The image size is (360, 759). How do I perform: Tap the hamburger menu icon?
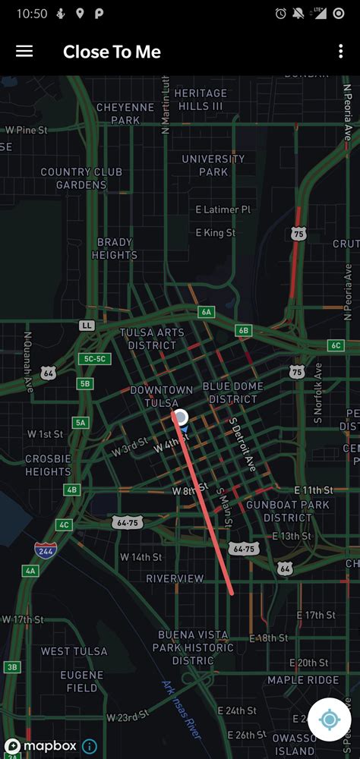[x=24, y=51]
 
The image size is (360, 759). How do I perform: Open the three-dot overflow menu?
[x=340, y=51]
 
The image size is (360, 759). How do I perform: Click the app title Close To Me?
[x=112, y=52]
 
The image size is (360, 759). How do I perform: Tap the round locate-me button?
[x=330, y=719]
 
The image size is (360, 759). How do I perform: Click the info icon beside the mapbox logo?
[x=89, y=747]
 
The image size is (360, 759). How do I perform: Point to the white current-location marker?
[x=181, y=416]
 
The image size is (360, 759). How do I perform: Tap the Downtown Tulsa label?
[x=161, y=396]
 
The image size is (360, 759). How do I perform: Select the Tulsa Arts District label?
[x=153, y=339]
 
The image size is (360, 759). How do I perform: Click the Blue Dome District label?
[x=233, y=392]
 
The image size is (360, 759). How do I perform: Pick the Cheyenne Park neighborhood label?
[x=114, y=114]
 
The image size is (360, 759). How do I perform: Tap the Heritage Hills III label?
[x=201, y=99]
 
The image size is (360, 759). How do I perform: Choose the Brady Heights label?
[x=115, y=249]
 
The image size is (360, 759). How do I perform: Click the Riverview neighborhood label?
[x=175, y=578]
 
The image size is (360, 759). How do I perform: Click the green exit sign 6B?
[x=243, y=330]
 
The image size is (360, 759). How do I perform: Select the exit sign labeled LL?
[x=87, y=325]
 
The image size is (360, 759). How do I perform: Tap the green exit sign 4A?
[x=31, y=570]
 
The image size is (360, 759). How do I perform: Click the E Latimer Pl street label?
[x=223, y=209]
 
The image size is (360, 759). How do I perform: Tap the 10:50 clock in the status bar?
[x=32, y=14]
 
